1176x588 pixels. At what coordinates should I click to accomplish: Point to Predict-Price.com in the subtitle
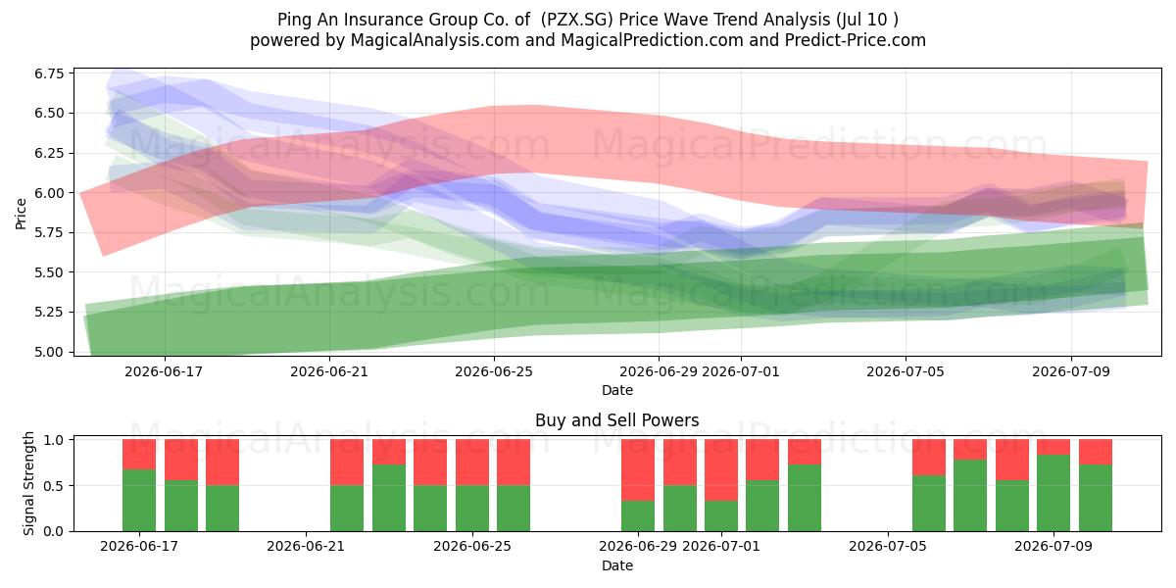coord(856,40)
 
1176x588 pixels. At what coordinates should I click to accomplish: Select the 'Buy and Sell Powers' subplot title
coord(616,420)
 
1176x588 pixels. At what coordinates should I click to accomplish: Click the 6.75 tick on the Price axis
coord(49,73)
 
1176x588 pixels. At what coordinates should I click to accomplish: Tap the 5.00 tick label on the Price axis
coord(49,352)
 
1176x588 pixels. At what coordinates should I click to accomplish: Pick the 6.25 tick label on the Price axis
coord(49,153)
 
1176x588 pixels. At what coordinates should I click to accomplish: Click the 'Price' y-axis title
coord(21,214)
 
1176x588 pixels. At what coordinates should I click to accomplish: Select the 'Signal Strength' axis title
coord(28,483)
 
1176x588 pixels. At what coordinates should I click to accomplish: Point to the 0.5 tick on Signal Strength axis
coord(55,486)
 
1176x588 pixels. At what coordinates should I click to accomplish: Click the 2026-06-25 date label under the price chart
coord(494,371)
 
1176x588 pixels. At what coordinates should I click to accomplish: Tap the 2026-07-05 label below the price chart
coord(906,371)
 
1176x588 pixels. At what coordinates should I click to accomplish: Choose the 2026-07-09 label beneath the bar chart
coord(1053,546)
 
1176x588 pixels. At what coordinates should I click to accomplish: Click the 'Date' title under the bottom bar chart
coord(616,565)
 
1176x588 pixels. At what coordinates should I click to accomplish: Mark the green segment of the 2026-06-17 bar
coord(139,501)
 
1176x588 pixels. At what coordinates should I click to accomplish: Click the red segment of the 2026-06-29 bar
coord(638,469)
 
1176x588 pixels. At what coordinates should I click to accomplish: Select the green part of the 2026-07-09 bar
coord(1053,493)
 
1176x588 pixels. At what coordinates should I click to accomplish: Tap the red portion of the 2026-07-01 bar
coord(721,469)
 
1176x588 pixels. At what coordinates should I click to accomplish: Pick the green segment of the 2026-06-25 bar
coord(472,509)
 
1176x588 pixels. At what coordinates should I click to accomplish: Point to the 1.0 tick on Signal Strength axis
coord(55,439)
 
